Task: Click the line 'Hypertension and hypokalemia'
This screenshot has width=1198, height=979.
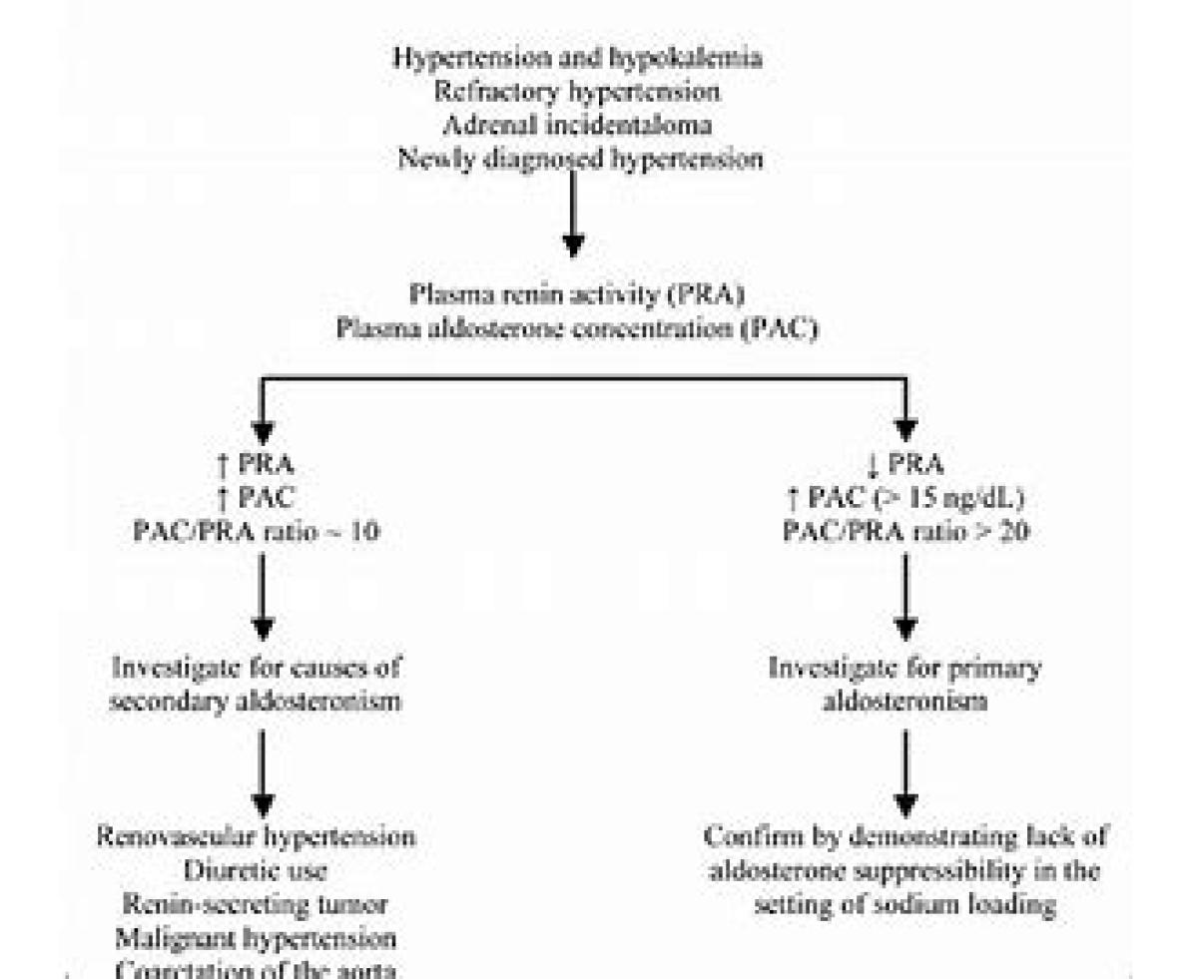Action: (x=578, y=57)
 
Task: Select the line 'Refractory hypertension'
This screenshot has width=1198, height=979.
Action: (x=578, y=91)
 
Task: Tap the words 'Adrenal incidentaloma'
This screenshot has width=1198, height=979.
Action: (x=578, y=125)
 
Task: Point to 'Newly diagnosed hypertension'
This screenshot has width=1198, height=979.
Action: (x=580, y=159)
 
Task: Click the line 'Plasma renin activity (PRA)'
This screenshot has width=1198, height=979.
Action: (x=578, y=295)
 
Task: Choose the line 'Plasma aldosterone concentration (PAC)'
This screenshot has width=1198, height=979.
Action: (x=578, y=329)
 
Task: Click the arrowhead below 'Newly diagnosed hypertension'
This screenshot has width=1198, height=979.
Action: (x=572, y=244)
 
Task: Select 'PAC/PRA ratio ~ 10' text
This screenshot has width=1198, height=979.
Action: (x=256, y=532)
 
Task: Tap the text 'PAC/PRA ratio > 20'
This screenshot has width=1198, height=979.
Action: (x=905, y=532)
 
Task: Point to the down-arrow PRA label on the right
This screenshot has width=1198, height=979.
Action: (x=905, y=464)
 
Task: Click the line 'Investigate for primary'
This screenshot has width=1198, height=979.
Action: (x=905, y=668)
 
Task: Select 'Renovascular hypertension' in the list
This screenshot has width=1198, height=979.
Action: (x=256, y=836)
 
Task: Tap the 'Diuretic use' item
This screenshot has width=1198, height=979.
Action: (x=256, y=871)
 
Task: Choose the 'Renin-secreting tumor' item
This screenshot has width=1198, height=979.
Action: (x=256, y=905)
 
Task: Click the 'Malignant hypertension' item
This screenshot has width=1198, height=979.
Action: (x=256, y=939)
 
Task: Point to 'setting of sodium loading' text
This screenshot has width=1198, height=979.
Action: (x=905, y=905)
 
